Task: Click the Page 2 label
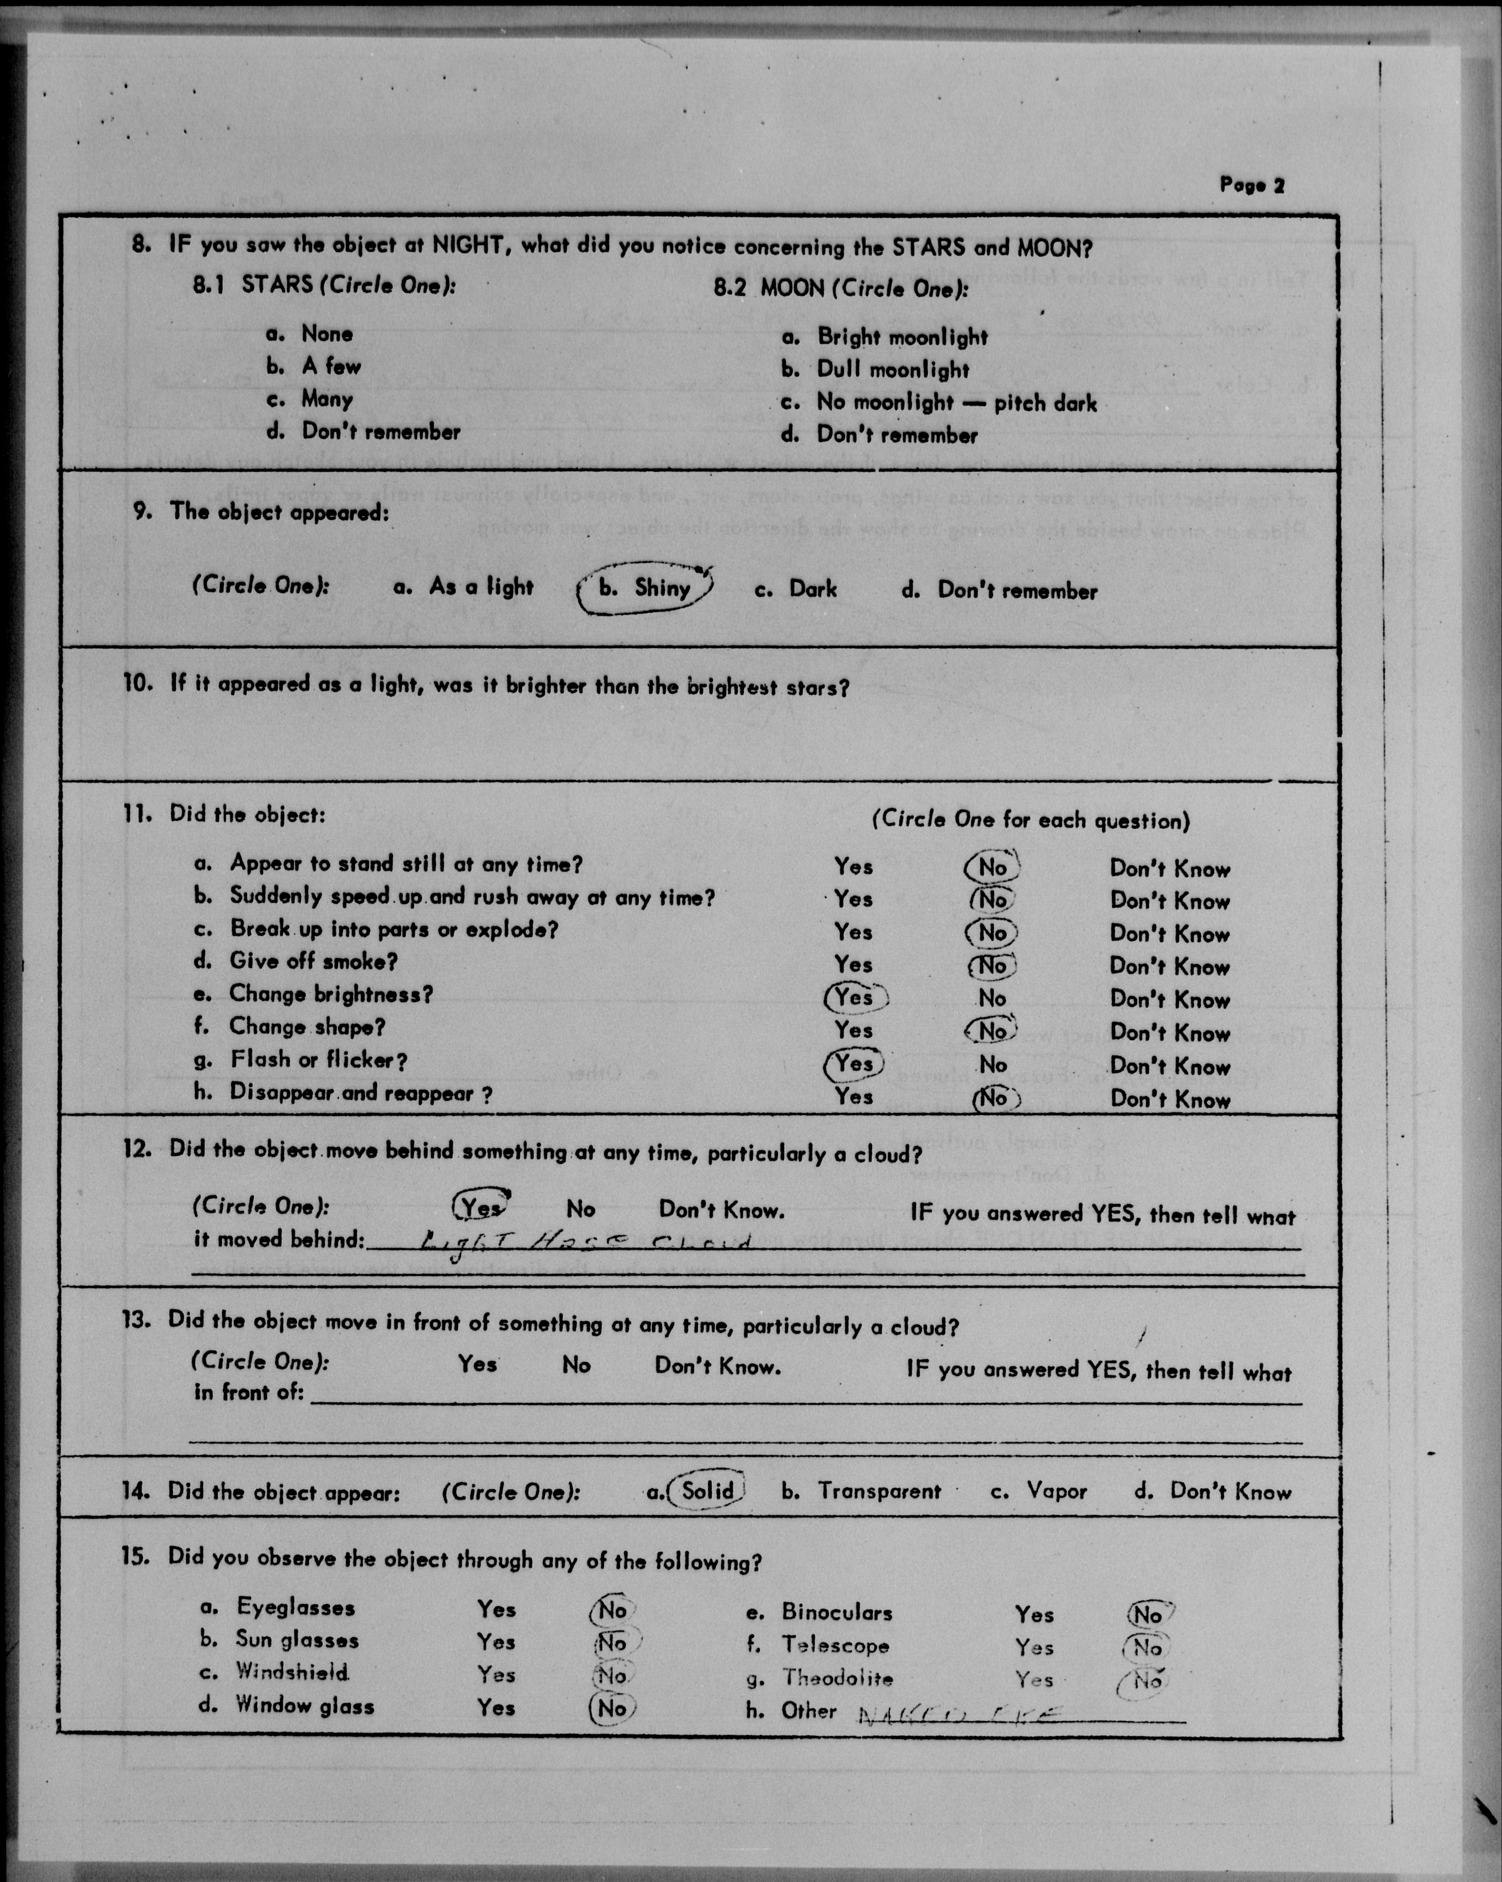[x=1252, y=185]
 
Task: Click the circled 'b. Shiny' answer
[x=646, y=587]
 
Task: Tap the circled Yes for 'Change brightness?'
[x=855, y=997]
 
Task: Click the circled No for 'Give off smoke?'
[x=991, y=965]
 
